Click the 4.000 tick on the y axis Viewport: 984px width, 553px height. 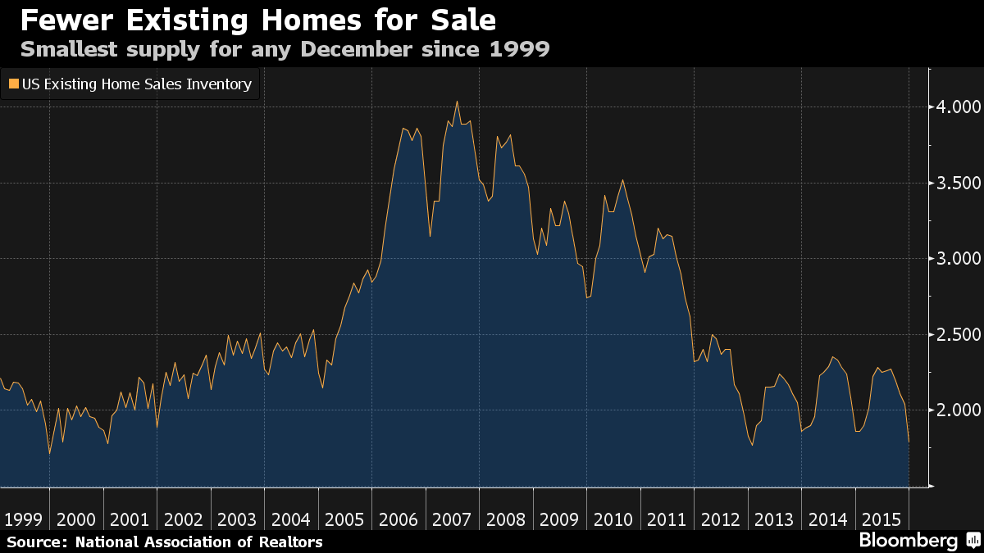point(958,107)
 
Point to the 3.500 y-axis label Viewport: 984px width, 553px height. point(958,183)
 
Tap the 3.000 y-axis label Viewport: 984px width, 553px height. point(958,259)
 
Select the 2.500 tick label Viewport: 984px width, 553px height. point(958,334)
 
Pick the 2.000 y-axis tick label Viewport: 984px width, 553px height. point(958,410)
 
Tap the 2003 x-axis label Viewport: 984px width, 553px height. point(237,519)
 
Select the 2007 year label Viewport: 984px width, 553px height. point(452,519)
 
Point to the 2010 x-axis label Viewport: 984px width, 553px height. point(613,519)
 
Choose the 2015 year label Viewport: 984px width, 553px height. point(882,519)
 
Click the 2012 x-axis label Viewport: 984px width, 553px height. point(721,519)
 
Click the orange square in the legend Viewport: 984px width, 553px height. point(13,84)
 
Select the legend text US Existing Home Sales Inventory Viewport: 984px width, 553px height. point(137,84)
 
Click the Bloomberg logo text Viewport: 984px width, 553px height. point(908,541)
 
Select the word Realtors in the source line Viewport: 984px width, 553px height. point(289,542)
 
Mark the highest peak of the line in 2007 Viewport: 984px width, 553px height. point(457,102)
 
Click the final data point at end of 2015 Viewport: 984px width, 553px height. point(909,442)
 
